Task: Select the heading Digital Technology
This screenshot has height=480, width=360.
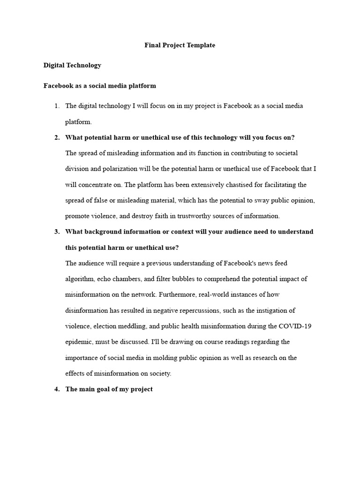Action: (72, 65)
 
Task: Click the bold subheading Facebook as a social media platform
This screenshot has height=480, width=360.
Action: (99, 86)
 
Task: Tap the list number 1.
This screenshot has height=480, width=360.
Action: (57, 106)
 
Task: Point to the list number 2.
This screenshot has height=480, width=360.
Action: (57, 137)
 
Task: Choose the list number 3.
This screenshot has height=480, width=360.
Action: (57, 232)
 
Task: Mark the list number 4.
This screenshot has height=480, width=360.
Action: (57, 389)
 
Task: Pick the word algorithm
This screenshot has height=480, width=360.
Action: (79, 279)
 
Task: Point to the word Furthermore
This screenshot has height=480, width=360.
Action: (178, 295)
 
